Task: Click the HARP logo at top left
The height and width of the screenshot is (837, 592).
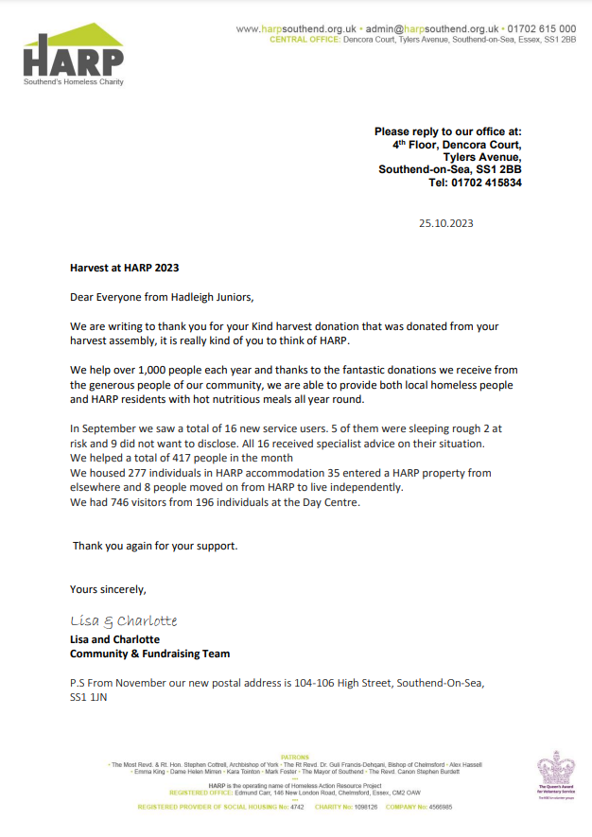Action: [x=73, y=56]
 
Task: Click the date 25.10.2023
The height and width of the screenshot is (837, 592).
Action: [x=446, y=224]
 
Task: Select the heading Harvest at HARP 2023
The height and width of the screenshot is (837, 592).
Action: [x=124, y=268]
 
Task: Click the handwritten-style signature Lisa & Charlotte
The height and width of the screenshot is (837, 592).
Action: [x=123, y=621]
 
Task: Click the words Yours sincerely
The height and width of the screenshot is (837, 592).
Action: [x=108, y=589]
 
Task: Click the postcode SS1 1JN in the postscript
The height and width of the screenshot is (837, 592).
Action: [x=91, y=697]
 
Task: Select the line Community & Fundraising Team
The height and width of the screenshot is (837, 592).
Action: [x=149, y=654]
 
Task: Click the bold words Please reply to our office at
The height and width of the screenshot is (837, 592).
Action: [x=447, y=131]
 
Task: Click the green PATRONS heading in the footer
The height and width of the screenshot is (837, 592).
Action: [x=295, y=758]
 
